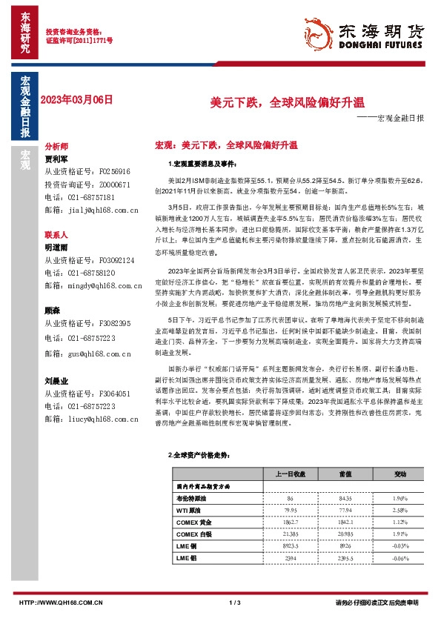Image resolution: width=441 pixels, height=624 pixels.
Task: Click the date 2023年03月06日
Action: (78, 99)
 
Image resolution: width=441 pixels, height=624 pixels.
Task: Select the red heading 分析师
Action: (56, 147)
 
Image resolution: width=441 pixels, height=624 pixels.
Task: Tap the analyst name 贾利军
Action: (56, 159)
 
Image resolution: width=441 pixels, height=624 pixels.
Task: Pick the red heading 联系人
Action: (56, 233)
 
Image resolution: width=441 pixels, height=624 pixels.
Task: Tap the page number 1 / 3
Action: (236, 603)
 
